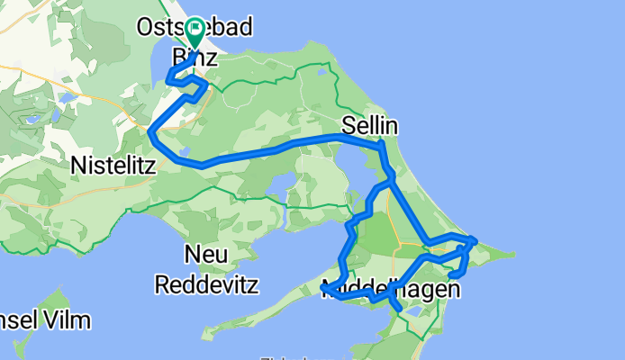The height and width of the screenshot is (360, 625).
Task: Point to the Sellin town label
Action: [x=370, y=127]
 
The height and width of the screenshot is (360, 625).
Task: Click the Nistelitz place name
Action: [x=113, y=166]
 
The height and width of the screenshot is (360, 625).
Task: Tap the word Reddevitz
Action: [x=206, y=284]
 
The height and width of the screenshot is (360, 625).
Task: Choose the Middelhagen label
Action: [x=392, y=288]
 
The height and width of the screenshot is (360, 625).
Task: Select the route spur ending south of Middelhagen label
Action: [x=399, y=311]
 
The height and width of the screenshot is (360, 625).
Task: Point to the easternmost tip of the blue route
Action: [x=476, y=240]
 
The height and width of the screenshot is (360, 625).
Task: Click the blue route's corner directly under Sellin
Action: [x=382, y=143]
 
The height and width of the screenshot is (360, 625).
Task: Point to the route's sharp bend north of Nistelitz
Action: [x=149, y=132]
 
